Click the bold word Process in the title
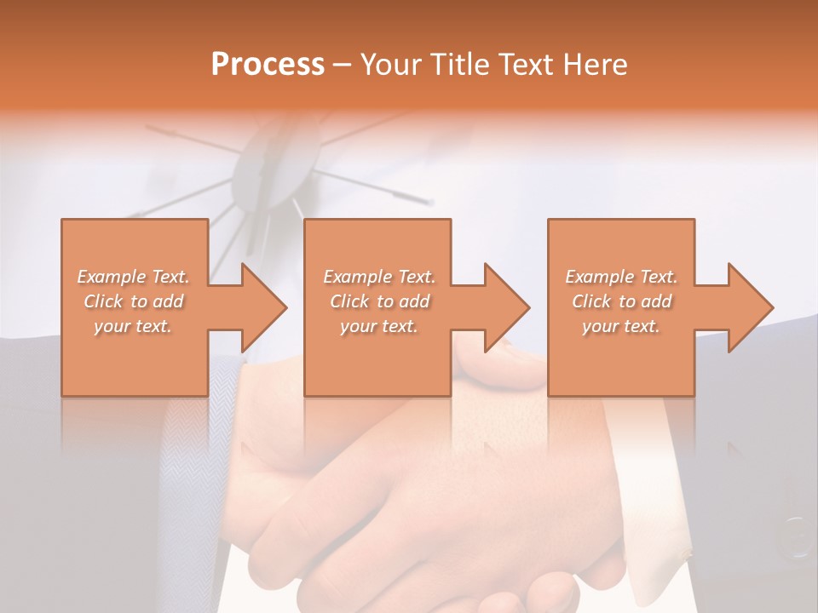pos(268,65)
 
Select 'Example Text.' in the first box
pos(133,277)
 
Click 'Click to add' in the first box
pos(133,301)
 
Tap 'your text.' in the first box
pos(133,326)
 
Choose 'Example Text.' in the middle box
pos(378,277)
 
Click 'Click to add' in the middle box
pos(378,301)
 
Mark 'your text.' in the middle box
pos(378,326)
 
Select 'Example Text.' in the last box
pos(621,277)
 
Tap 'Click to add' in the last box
pos(621,301)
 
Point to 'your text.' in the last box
pos(621,326)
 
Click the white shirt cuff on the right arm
pos(656,494)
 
